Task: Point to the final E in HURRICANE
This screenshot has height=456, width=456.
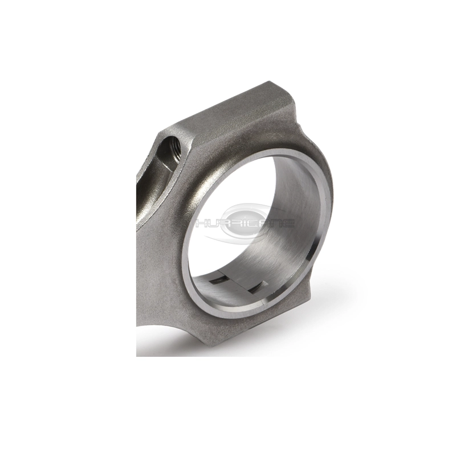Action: [290, 223]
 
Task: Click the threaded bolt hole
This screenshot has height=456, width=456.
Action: [172, 150]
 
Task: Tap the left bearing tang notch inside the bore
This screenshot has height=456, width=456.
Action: [219, 280]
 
